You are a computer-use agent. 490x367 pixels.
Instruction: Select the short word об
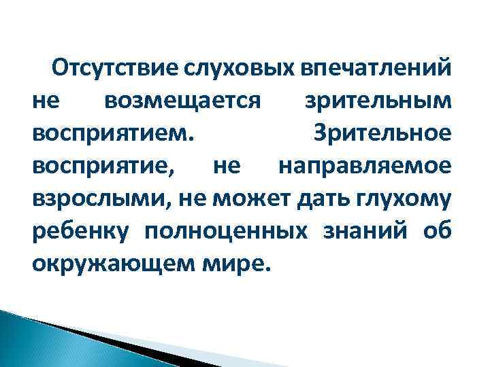tap(436, 229)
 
